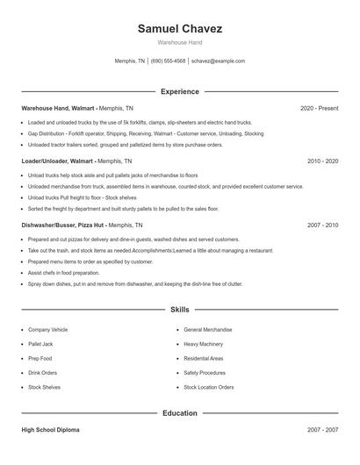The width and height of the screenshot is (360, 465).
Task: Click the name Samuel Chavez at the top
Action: click(x=180, y=29)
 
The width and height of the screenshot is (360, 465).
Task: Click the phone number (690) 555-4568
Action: click(x=168, y=61)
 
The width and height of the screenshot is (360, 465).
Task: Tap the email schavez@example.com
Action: click(x=218, y=61)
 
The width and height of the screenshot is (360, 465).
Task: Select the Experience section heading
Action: click(x=180, y=91)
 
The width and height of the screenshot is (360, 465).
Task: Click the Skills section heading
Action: click(x=180, y=310)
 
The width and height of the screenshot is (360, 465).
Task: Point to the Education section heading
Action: click(x=180, y=413)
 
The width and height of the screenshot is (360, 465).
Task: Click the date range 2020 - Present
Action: click(x=319, y=108)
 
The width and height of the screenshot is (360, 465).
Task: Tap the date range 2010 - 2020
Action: click(x=322, y=161)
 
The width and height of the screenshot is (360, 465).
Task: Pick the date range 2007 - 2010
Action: click(x=322, y=225)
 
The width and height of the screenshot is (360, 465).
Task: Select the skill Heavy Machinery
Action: click(x=204, y=344)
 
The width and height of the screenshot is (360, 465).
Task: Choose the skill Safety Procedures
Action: click(x=205, y=372)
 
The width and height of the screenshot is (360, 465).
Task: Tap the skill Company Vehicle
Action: click(x=47, y=330)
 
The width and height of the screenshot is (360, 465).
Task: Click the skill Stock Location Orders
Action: click(x=209, y=387)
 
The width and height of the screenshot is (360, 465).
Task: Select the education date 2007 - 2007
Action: click(x=322, y=431)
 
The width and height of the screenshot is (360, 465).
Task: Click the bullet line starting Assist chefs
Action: click(x=66, y=273)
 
